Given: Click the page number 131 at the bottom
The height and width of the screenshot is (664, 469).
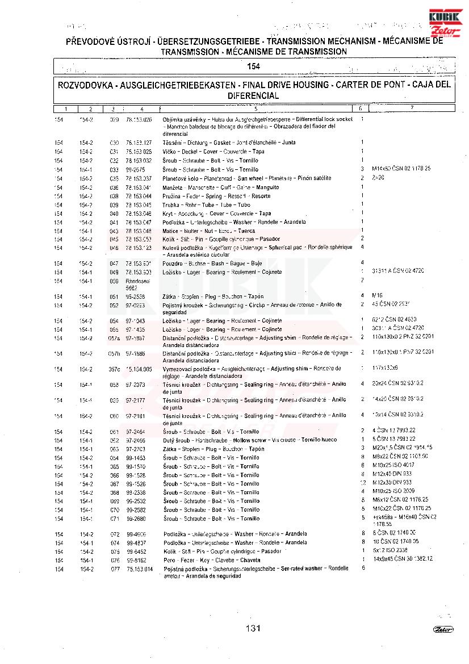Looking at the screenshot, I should (253, 628).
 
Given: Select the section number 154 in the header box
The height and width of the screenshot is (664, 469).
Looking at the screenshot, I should (253, 66).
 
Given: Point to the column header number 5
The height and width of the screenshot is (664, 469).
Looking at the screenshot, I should (256, 108).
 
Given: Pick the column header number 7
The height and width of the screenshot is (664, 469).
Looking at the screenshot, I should (412, 108).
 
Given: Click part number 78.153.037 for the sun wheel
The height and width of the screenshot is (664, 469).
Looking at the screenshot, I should (139, 178).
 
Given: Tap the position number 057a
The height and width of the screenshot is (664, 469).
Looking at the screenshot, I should (115, 338).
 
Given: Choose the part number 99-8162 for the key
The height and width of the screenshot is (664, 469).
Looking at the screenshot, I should (136, 559).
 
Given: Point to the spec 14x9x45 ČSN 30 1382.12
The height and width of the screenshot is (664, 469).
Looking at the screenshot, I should (403, 559).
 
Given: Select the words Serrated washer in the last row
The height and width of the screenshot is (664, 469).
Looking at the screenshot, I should (304, 569).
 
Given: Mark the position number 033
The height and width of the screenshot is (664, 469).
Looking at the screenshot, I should (114, 169).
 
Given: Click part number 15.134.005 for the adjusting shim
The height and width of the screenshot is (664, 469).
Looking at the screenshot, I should (139, 369).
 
